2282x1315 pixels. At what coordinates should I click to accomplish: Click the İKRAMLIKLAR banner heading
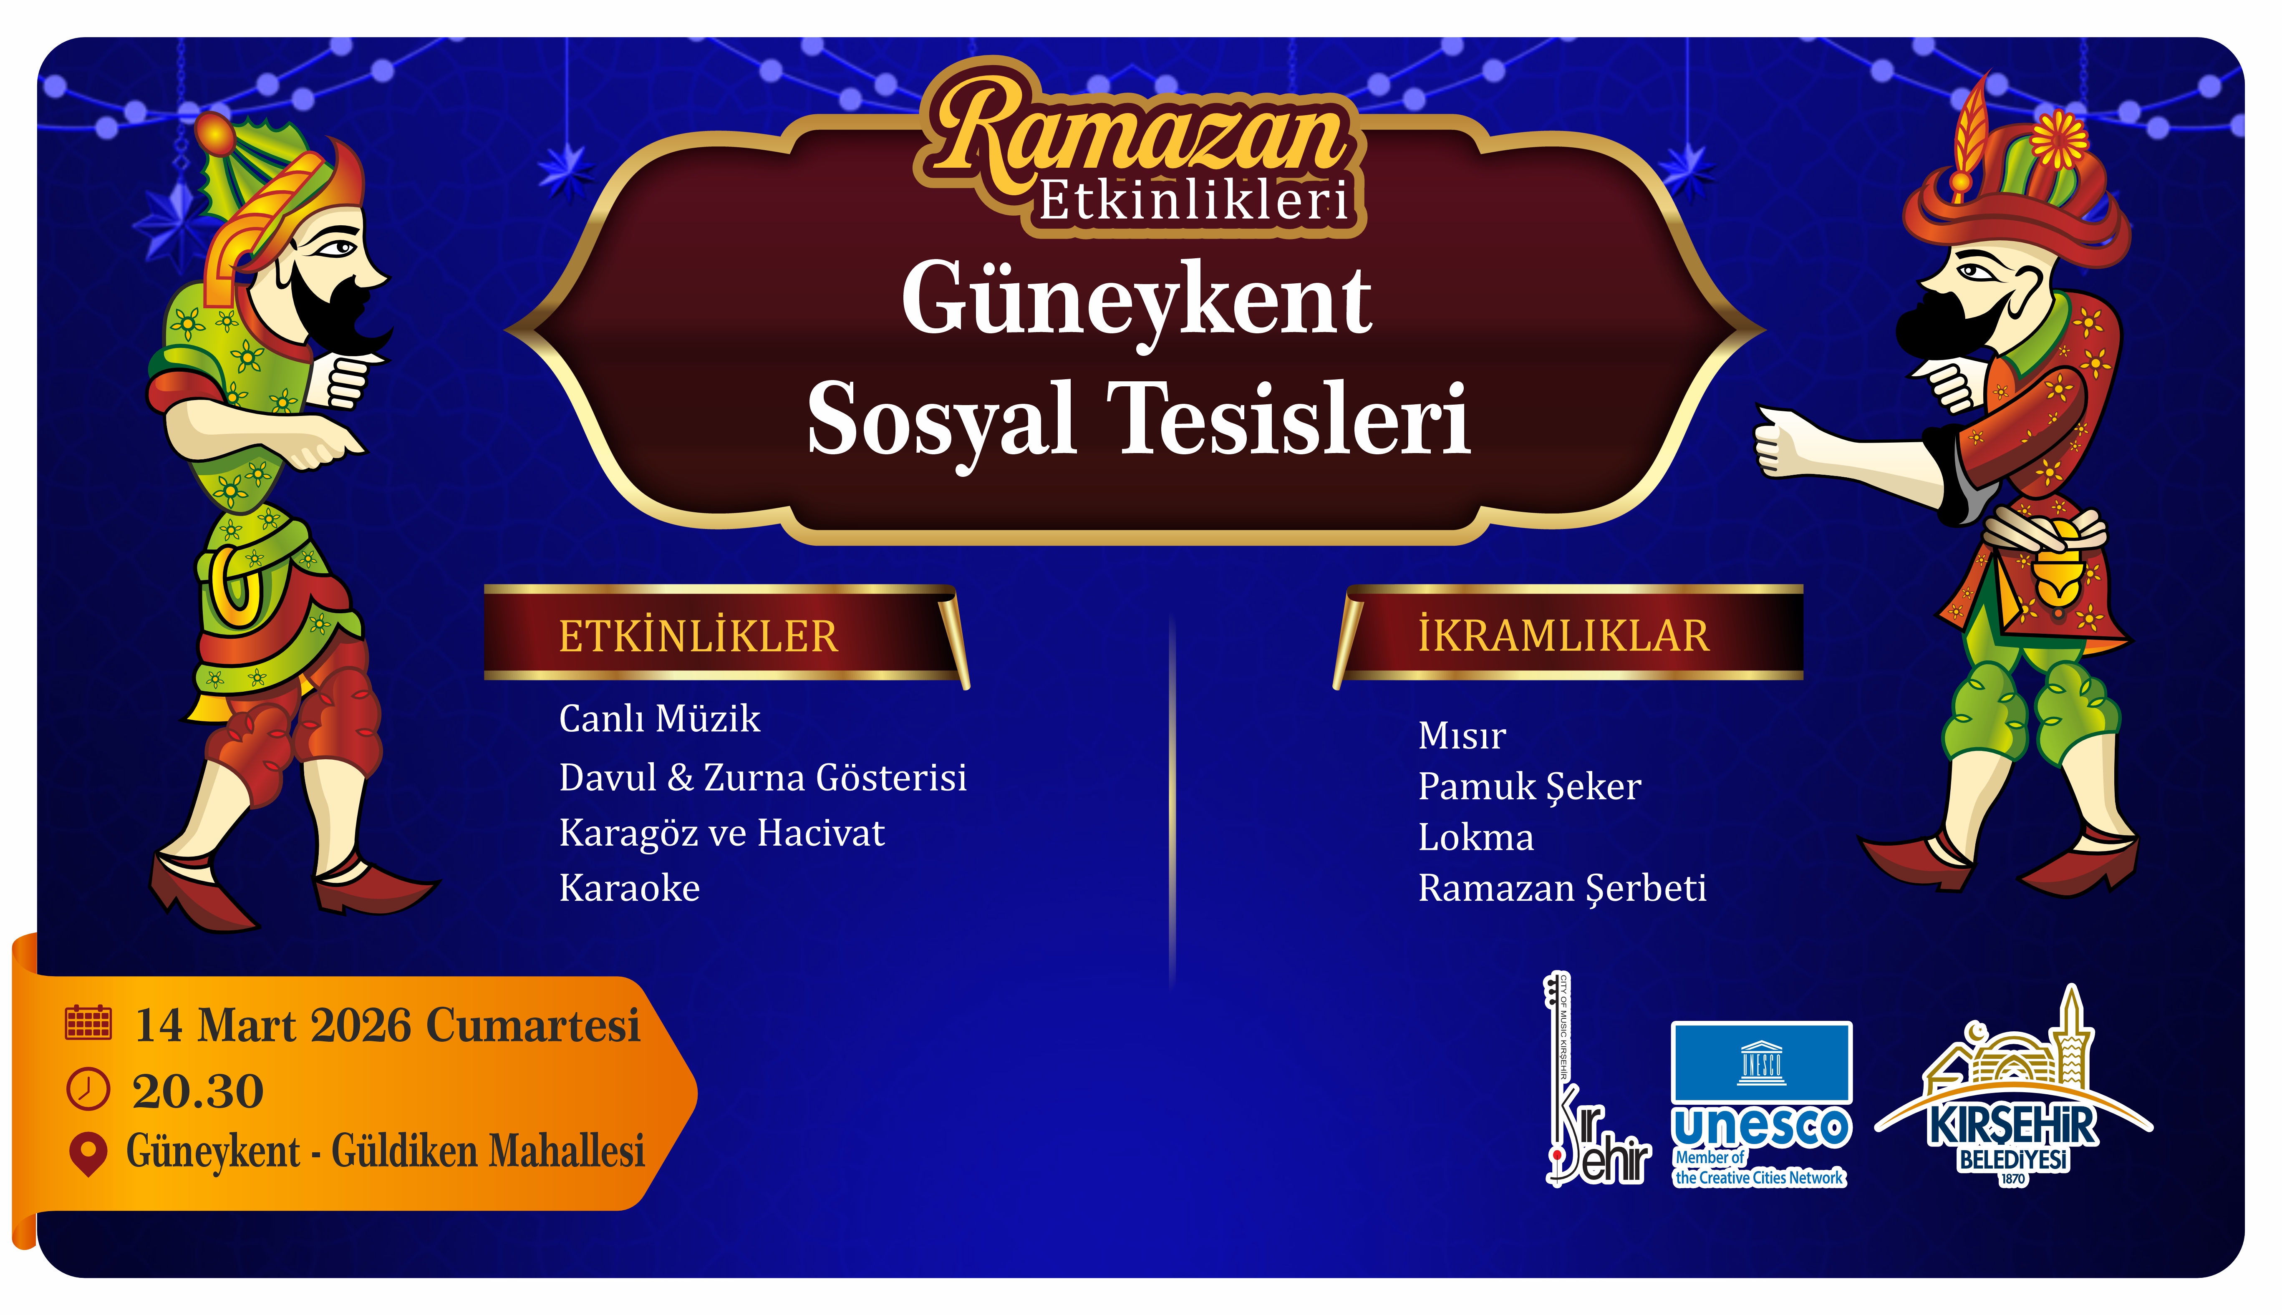coord(1563,636)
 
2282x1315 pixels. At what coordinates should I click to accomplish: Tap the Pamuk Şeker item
coord(1529,787)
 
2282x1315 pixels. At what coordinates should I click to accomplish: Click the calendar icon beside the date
coord(88,1023)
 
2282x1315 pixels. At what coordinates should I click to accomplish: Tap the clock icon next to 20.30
coord(88,1089)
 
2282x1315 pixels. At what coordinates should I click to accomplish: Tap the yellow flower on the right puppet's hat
coord(2059,140)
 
